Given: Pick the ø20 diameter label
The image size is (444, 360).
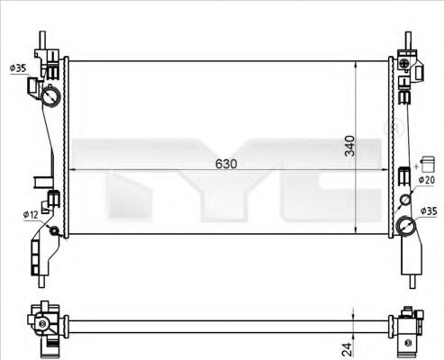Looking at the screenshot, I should coord(427,180).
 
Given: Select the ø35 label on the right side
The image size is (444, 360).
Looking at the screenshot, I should coord(428,211).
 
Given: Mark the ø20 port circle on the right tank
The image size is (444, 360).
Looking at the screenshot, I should coord(405,200).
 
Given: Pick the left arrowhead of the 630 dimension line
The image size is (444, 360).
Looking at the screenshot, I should coord(73,172).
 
